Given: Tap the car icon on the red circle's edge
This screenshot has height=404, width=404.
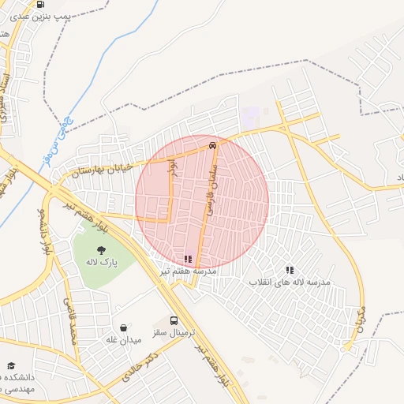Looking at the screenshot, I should tap(212, 146).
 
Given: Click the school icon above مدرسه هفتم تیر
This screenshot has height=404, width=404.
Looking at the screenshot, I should tap(188, 258).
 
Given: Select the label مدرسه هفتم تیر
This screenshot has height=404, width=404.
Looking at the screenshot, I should tap(188, 271).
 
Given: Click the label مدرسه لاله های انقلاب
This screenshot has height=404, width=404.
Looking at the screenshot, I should tap(290, 282).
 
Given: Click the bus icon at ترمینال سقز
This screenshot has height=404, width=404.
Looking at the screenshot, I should tap(174, 320).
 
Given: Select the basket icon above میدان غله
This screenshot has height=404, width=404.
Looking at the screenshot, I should tap(123, 327).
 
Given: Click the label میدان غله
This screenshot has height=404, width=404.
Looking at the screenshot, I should tap(123, 339).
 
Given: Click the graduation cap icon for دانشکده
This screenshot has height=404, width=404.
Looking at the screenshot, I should tap(11, 366).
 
